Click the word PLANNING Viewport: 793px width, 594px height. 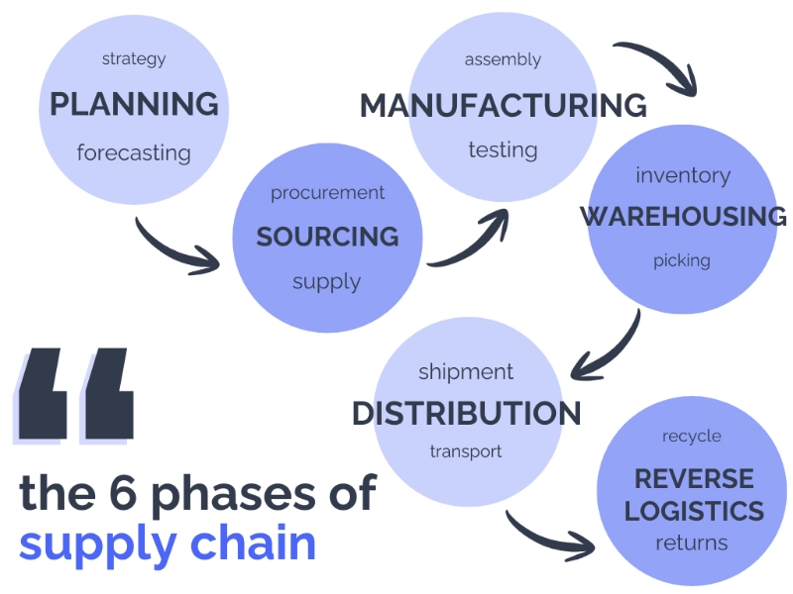point(134,104)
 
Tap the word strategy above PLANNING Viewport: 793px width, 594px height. point(134,59)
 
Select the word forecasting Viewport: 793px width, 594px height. point(134,153)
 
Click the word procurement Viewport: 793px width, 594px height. point(327,193)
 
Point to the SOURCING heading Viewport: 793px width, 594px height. point(327,238)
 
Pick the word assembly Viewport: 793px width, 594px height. point(503,60)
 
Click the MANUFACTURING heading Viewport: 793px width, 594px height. point(503,106)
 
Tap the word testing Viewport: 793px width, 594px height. point(503,150)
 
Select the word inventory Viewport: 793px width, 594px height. point(683,176)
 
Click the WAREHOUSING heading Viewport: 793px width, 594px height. point(683,217)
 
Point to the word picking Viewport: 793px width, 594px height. point(682,261)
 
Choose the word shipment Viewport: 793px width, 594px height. point(466,372)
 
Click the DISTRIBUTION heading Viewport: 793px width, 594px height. point(466,414)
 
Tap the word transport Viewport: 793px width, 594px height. point(466,452)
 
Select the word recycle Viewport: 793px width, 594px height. point(691,437)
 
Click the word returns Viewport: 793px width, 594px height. point(691,544)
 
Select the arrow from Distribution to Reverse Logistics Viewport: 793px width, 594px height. point(550,535)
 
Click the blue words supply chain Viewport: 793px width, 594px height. point(168,544)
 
